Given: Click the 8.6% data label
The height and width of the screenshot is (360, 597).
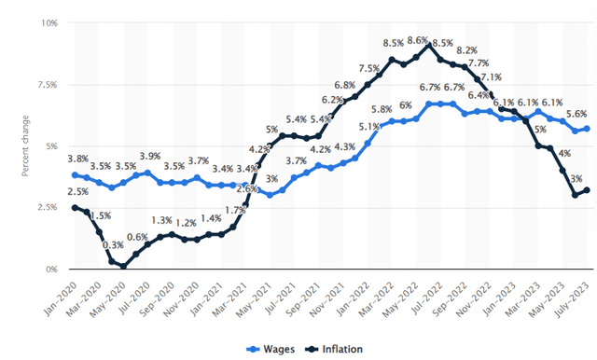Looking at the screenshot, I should [417, 41].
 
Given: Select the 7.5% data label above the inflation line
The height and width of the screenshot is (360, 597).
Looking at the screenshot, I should [368, 68].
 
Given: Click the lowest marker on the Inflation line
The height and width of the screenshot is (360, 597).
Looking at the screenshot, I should [123, 267].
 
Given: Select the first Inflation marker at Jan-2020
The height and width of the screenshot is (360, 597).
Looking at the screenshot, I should [75, 207].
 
